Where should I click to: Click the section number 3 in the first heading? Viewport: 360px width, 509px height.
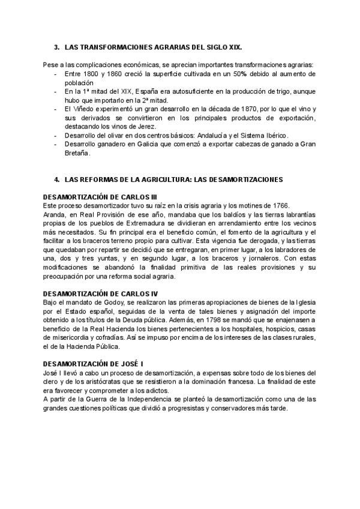click(x=56, y=46)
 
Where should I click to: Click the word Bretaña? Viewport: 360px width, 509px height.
click(x=76, y=153)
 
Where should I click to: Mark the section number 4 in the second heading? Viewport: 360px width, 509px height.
click(x=56, y=179)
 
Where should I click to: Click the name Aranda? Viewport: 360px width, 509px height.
click(x=55, y=214)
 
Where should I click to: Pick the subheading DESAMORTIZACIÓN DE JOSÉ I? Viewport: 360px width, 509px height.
click(x=93, y=364)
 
